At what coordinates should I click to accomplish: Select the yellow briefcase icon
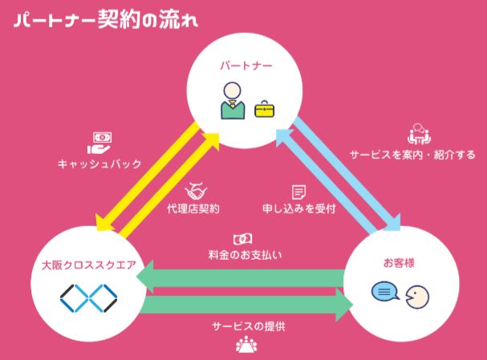[264, 108]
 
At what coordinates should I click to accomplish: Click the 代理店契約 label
[194, 208]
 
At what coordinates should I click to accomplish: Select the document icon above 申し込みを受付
[298, 192]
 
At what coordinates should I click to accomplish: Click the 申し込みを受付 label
[298, 208]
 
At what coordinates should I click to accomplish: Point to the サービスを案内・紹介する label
[412, 153]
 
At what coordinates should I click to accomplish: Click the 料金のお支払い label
[245, 256]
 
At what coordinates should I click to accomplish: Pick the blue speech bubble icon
[384, 293]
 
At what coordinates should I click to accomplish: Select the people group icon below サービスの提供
[246, 346]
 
